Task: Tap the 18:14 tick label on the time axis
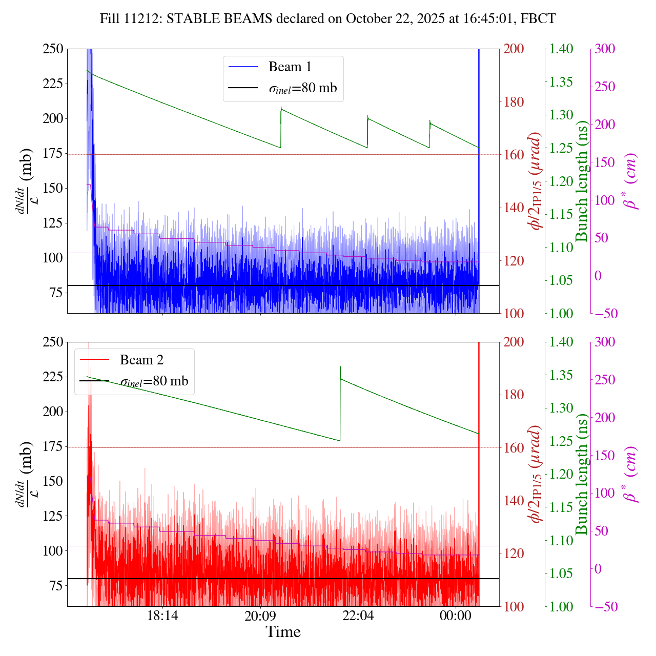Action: click(162, 616)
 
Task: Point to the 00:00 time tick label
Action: click(456, 616)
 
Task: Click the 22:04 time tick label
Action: click(358, 616)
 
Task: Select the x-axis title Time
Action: click(283, 632)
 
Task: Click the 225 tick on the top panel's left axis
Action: click(53, 84)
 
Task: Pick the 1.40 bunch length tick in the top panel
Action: click(562, 49)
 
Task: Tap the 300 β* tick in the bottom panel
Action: click(604, 342)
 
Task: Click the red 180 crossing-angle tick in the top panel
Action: click(513, 102)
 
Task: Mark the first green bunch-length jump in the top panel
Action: click(281, 128)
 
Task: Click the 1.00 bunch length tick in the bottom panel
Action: click(562, 606)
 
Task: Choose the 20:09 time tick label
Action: click(260, 616)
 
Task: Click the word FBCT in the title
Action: click(538, 19)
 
